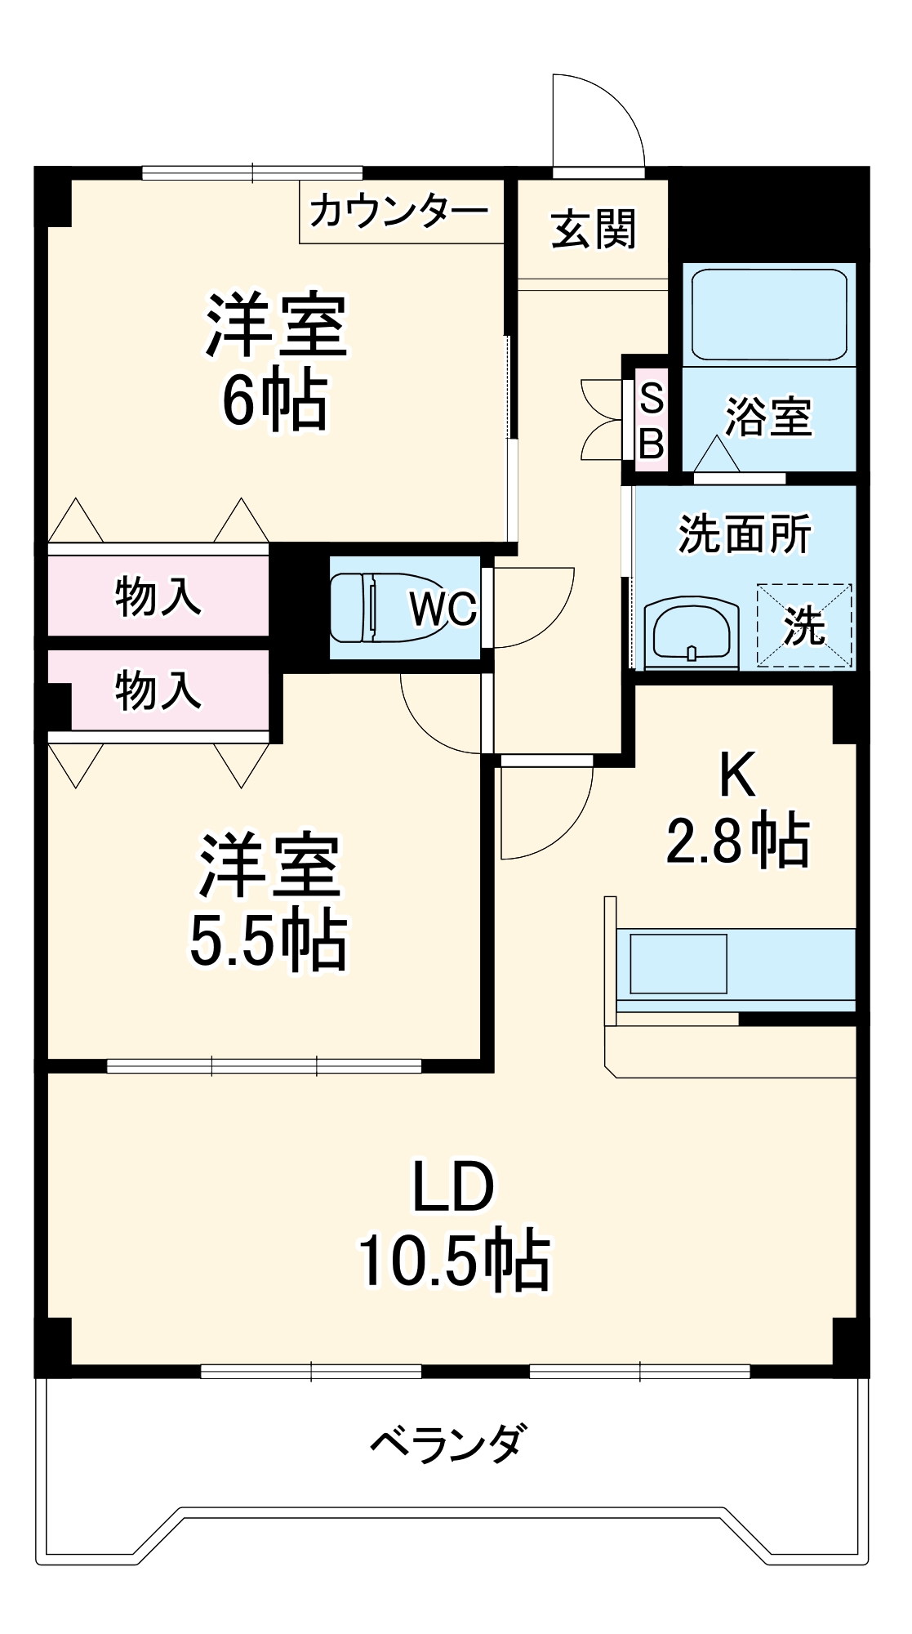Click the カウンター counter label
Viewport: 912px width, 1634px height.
pyautogui.click(x=398, y=212)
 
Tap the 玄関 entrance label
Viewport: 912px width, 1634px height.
pyautogui.click(x=594, y=230)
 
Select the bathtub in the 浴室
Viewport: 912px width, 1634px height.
pyautogui.click(x=769, y=315)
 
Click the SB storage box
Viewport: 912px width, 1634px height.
pyautogui.click(x=652, y=421)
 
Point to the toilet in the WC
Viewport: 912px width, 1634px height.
pyautogui.click(x=367, y=608)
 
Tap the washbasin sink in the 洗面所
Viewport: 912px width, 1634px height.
pyautogui.click(x=692, y=633)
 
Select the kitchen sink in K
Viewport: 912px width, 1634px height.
pyautogui.click(x=678, y=964)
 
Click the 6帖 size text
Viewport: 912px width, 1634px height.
pyautogui.click(x=275, y=401)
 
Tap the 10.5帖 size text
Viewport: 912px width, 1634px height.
pyautogui.click(x=454, y=1260)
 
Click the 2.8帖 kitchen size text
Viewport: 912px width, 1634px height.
pyautogui.click(x=738, y=841)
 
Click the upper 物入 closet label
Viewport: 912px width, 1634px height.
pyautogui.click(x=158, y=595)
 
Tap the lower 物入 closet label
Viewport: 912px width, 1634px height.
pyautogui.click(x=158, y=690)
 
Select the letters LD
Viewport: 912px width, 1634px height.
pyautogui.click(x=454, y=1186)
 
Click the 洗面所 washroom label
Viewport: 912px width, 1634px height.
pyautogui.click(x=745, y=534)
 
